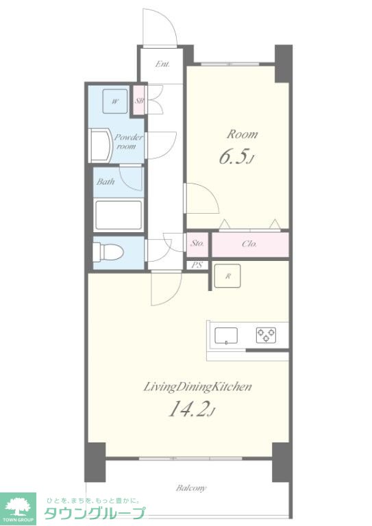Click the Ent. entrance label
[x=162, y=64]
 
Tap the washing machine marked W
[x=115, y=101]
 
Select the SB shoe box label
[x=139, y=100]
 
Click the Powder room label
[x=128, y=142]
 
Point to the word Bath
[x=106, y=181]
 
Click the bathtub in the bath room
[x=119, y=215]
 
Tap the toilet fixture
[x=108, y=252]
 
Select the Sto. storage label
[x=197, y=243]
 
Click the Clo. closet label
[x=249, y=244]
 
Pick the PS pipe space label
[x=197, y=265]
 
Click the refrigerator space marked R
[x=227, y=276]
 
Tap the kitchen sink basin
[x=226, y=336]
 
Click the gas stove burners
[x=266, y=335]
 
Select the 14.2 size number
[x=190, y=410]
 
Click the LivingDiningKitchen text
[x=197, y=387]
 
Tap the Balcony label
[x=191, y=488]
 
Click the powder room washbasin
[x=101, y=146]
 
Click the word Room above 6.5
[x=243, y=134]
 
